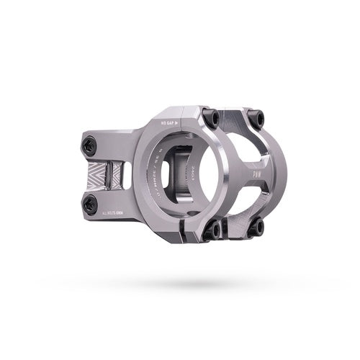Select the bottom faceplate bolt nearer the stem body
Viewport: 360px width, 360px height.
click(215, 230)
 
